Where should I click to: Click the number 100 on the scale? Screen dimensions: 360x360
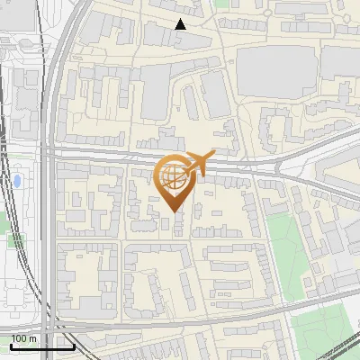coord(18,338)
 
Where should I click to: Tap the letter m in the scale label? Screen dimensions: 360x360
coord(32,338)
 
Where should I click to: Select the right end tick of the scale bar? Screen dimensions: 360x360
coord(74,346)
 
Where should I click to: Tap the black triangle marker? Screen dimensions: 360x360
coord(180,24)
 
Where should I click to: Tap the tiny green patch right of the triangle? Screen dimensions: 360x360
coord(219,4)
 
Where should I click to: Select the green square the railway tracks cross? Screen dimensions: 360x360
coord(15,240)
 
